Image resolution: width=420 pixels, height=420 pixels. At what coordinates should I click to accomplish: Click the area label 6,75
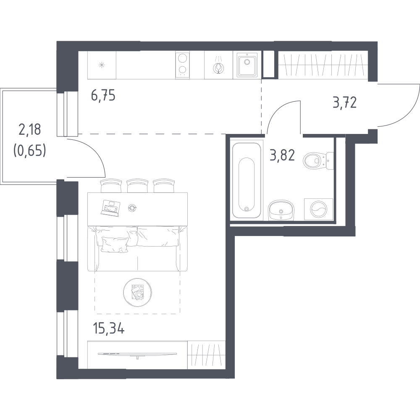point(103,96)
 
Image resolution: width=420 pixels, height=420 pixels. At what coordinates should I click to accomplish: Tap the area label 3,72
point(345,102)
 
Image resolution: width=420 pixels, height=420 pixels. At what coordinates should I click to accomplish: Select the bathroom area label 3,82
point(282,155)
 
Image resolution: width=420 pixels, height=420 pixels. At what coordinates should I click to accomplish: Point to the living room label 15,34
point(108,328)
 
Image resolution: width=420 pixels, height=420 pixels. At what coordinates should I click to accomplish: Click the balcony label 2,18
point(30,130)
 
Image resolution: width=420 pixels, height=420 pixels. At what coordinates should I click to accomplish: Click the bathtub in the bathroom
point(247,180)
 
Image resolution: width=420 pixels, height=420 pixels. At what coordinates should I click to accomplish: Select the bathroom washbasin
point(281,210)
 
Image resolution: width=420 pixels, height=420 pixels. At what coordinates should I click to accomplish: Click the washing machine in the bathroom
point(318,209)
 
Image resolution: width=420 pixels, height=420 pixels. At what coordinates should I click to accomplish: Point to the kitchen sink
point(247,65)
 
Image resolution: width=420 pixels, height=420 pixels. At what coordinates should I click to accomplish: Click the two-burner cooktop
point(182,65)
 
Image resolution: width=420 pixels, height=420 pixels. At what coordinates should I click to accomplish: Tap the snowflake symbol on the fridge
point(102,65)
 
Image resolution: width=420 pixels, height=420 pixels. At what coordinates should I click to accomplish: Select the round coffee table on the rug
point(137,292)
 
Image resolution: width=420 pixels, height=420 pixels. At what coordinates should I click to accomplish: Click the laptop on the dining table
point(110,208)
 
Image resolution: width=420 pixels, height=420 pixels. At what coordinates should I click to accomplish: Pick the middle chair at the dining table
point(137,186)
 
